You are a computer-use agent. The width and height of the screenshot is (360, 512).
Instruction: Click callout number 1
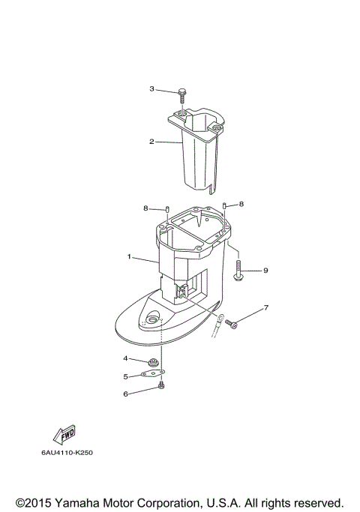(129, 257)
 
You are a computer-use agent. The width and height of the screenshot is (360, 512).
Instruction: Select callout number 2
(151, 141)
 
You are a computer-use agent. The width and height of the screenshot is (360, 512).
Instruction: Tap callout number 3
(151, 89)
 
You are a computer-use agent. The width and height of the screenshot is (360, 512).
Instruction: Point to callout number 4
(126, 359)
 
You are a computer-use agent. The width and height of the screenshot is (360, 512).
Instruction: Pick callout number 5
(126, 376)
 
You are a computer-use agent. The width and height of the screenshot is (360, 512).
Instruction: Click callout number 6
(126, 393)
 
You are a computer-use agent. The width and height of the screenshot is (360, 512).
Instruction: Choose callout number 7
(265, 308)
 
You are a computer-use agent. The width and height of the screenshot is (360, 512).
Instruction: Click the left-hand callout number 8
(145, 208)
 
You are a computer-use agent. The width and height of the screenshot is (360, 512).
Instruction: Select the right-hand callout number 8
(241, 204)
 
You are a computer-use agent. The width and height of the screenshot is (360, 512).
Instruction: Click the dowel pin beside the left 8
(169, 209)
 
